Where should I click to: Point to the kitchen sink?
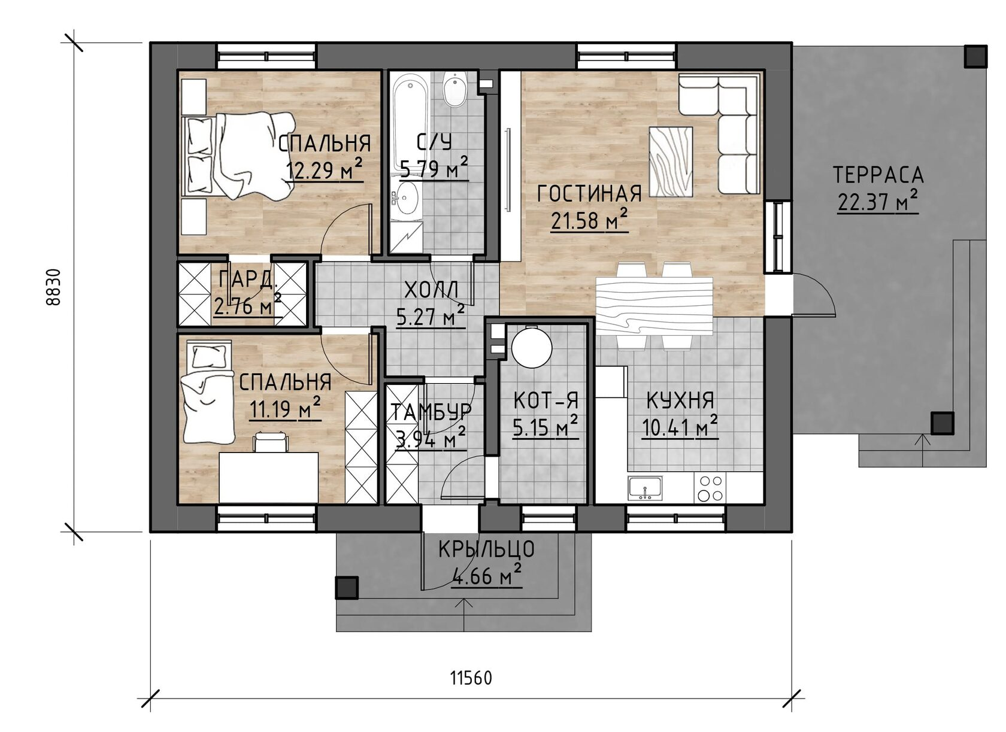pyautogui.click(x=646, y=488)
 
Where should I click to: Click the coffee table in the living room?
pyautogui.click(x=671, y=162)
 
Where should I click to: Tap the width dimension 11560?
pyautogui.click(x=471, y=678)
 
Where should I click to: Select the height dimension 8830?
pyautogui.click(x=53, y=287)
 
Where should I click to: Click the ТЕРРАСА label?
pyautogui.click(x=878, y=175)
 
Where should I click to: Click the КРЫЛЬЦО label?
pyautogui.click(x=486, y=549)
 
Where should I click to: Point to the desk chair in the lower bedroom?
pyautogui.click(x=271, y=441)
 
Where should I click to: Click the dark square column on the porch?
pyautogui.click(x=347, y=588)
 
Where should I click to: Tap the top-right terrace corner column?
pyautogui.click(x=975, y=56)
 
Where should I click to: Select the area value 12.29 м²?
pyautogui.click(x=324, y=169)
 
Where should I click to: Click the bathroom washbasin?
pyautogui.click(x=407, y=198)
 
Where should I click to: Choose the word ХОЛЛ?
pyautogui.click(x=431, y=290)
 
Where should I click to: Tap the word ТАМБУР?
pyautogui.click(x=432, y=412)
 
